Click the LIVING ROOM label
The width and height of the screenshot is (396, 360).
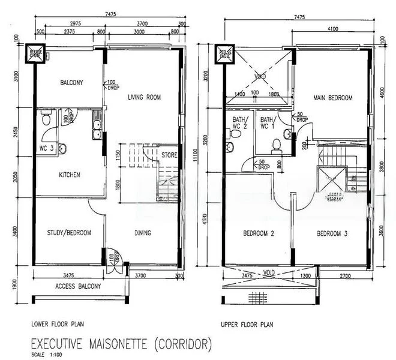click(145, 97)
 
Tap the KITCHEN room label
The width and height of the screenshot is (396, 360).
click(70, 175)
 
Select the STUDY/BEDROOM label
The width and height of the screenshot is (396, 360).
click(69, 233)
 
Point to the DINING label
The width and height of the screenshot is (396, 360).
click(142, 233)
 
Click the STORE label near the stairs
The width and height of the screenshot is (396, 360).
click(169, 155)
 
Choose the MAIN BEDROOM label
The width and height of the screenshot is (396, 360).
click(332, 98)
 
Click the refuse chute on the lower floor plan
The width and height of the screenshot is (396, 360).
click(33, 55)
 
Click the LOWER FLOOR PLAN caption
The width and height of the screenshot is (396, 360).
click(58, 324)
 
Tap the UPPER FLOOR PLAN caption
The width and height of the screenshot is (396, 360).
click(247, 324)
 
